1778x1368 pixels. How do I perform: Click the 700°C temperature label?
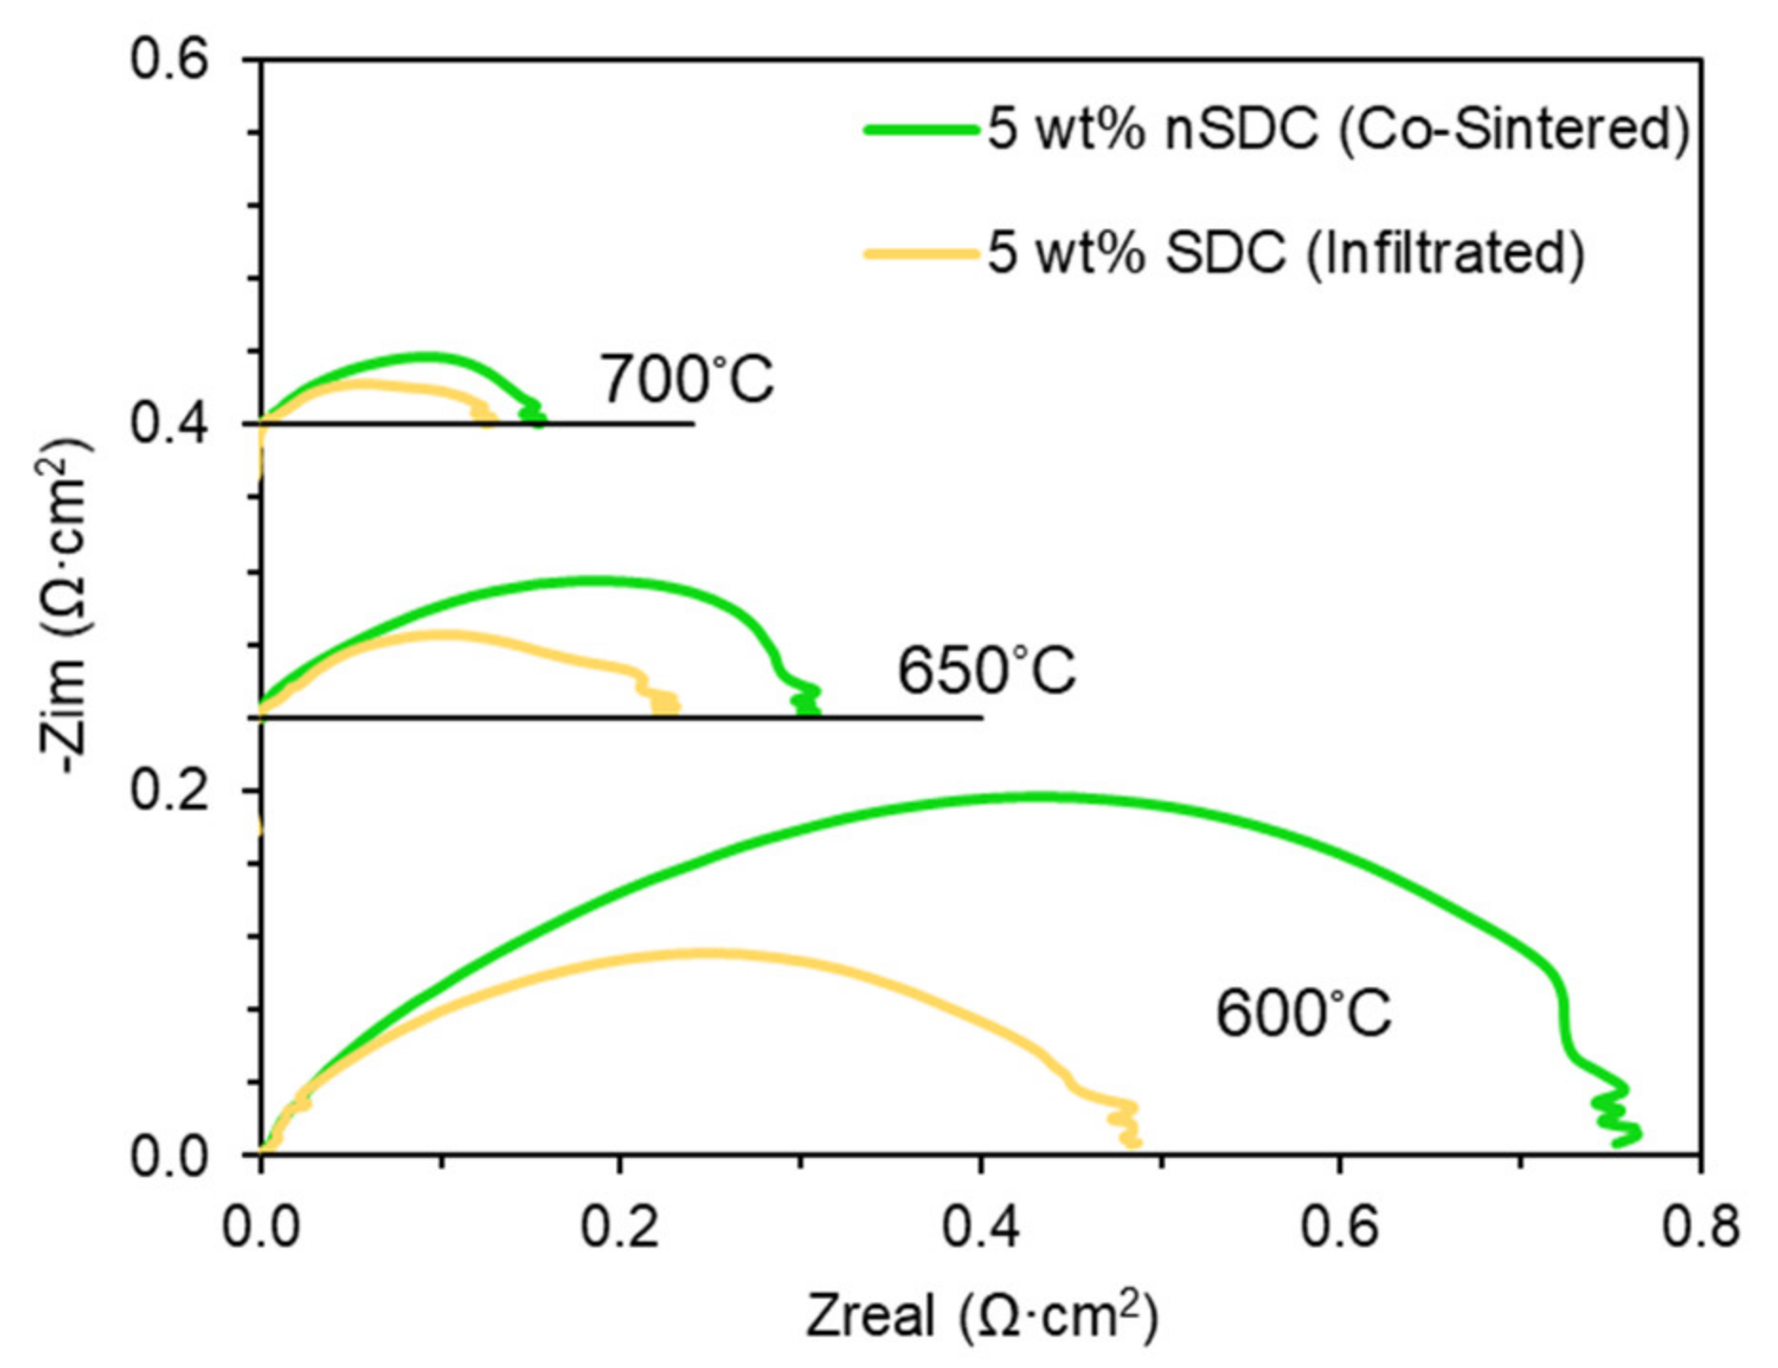click(686, 380)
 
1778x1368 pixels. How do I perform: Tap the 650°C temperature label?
click(986, 672)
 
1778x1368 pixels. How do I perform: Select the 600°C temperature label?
click(1303, 1014)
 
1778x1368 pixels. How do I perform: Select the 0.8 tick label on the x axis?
click(1699, 1226)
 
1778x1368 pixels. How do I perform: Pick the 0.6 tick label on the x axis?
click(1339, 1226)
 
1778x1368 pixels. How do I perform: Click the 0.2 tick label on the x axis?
click(619, 1226)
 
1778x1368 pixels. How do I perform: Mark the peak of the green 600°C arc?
click(1040, 796)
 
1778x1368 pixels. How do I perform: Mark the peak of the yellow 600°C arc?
click(703, 953)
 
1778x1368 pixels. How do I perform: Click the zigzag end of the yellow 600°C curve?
click(1127, 1126)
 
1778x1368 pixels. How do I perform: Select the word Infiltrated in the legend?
click(1444, 254)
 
